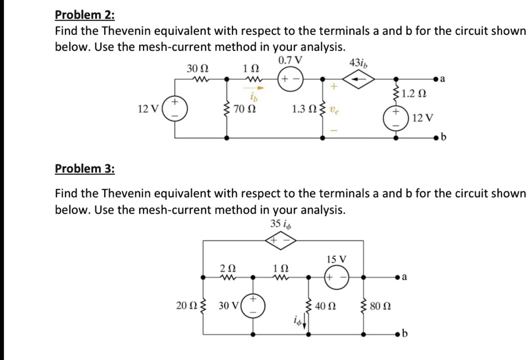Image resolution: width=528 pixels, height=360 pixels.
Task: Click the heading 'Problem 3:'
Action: pos(84,168)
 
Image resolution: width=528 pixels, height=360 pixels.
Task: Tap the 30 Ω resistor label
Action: pos(197,68)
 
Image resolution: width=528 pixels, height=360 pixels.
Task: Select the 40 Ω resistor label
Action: pos(327,306)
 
